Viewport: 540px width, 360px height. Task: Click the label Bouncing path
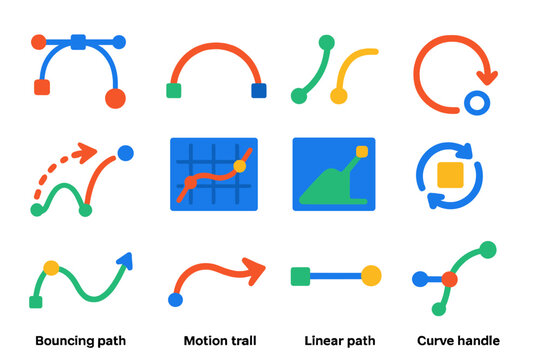click(x=80, y=340)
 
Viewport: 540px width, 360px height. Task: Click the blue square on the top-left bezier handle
click(x=78, y=42)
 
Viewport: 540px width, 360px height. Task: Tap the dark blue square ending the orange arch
click(x=259, y=91)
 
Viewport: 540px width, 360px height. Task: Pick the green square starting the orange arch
click(x=173, y=91)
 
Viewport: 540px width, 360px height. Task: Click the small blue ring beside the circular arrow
click(x=476, y=102)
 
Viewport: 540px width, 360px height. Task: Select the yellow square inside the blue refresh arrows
click(x=450, y=176)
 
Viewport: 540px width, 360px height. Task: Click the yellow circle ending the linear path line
click(x=371, y=275)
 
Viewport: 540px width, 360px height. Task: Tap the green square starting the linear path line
click(x=300, y=275)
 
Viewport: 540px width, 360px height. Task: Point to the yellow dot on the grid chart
click(x=239, y=165)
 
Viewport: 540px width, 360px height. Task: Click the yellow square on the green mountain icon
click(x=362, y=152)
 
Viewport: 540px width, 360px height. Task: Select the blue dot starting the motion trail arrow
click(x=176, y=299)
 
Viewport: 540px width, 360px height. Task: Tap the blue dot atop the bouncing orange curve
click(x=125, y=153)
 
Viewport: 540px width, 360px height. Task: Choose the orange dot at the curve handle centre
click(x=449, y=279)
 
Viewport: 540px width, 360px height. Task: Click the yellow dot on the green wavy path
click(x=51, y=268)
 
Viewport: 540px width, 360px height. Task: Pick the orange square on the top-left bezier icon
click(x=42, y=88)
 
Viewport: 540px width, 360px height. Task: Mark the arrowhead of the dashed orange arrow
click(x=87, y=152)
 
